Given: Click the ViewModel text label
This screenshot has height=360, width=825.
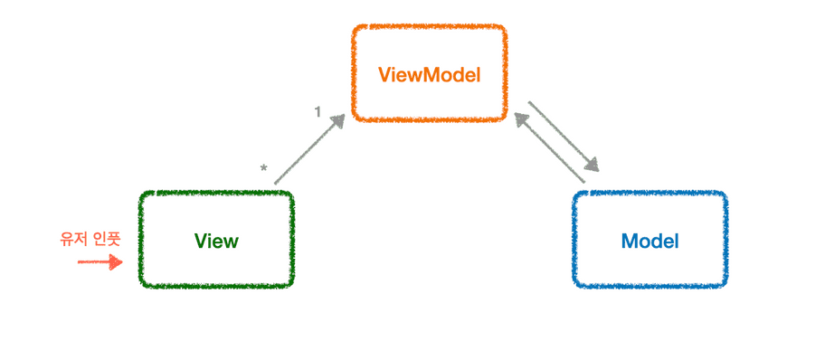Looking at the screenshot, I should click(x=429, y=74).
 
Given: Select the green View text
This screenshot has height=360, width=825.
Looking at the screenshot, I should click(x=216, y=242).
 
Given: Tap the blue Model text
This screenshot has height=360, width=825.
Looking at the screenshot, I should click(x=650, y=242).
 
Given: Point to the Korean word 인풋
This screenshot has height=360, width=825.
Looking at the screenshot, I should click(x=107, y=239).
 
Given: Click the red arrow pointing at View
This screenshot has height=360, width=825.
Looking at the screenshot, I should click(x=98, y=262).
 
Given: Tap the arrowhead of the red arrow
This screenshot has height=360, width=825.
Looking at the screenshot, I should click(x=116, y=262).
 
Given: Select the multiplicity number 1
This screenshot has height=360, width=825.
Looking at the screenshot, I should click(x=318, y=111).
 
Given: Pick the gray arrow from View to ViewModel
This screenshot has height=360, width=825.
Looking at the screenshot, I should click(x=308, y=151).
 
